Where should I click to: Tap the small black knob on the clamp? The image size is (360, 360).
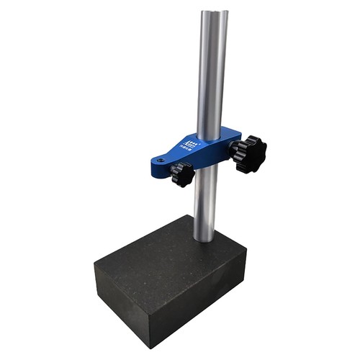tap(181, 174)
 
